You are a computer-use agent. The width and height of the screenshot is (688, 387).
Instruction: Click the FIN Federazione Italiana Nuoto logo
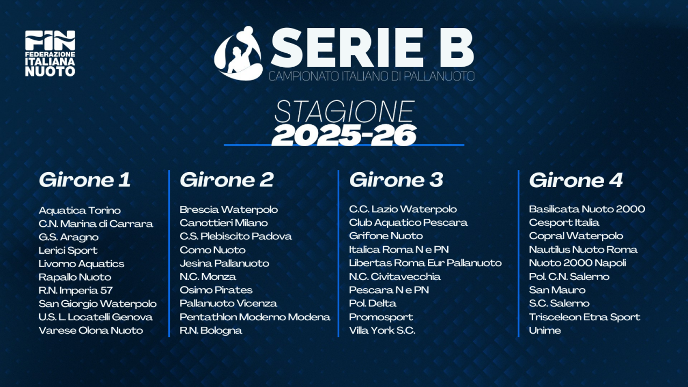tap(50, 53)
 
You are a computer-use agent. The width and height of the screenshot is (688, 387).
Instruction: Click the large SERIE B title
tap(372, 48)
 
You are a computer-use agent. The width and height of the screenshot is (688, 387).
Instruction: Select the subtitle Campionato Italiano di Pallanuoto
tap(372, 76)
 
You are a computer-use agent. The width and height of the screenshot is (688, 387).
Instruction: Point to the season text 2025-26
tap(344, 135)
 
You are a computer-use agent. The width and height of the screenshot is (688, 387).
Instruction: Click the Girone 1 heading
tap(84, 180)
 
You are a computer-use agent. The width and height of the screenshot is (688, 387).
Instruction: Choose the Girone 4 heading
tap(576, 180)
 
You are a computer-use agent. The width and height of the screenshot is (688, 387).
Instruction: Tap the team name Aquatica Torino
tap(80, 210)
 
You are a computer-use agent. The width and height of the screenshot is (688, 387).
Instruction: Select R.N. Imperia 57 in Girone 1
tap(75, 290)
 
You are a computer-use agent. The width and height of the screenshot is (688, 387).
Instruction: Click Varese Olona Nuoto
tap(91, 330)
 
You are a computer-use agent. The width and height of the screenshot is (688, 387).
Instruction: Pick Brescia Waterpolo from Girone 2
tap(228, 209)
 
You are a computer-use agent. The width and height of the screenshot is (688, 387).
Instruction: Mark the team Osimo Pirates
tap(216, 290)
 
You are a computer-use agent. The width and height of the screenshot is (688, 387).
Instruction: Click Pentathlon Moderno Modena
tap(255, 317)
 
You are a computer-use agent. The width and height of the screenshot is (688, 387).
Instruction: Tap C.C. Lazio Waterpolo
tap(403, 209)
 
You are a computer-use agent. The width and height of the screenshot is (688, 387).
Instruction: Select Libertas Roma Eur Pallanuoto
tap(425, 263)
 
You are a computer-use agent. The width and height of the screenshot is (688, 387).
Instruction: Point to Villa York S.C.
tap(382, 330)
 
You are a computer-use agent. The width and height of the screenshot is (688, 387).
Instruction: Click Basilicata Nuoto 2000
tap(587, 209)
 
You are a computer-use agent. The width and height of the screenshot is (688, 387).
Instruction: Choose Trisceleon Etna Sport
tap(584, 317)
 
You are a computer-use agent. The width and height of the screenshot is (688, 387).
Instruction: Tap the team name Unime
tap(544, 330)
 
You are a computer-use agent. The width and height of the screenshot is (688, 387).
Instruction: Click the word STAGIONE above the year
tap(344, 112)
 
